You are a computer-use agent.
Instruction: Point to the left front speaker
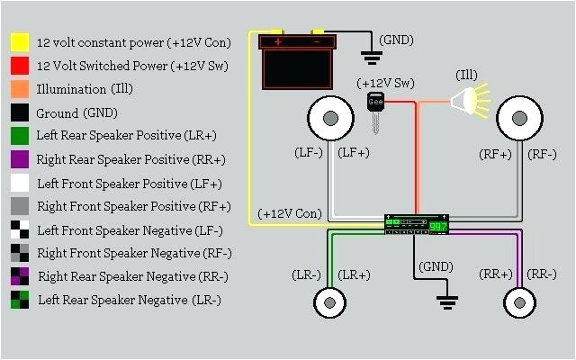329,117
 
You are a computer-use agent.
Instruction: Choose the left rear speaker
329,301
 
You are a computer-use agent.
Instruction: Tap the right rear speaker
518,301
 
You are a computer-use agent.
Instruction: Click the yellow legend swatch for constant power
20,42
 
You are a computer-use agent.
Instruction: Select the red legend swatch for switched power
20,66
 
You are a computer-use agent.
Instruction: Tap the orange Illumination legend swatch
20,89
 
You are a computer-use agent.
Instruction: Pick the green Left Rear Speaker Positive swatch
20,136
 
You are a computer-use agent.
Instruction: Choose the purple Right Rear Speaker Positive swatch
20,159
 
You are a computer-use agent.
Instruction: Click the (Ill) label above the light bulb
467,73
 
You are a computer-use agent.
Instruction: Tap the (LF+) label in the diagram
353,154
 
